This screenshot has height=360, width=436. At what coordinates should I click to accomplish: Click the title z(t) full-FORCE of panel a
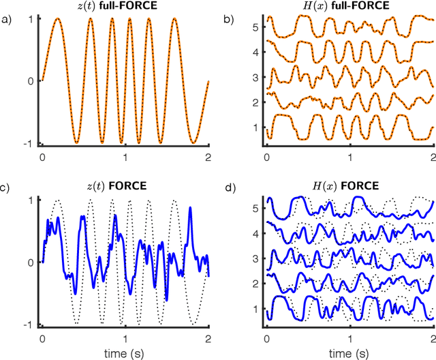(126, 7)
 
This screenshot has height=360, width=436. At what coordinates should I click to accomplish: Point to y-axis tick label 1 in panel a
(32, 20)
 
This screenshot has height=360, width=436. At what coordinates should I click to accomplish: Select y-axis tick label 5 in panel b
(255, 27)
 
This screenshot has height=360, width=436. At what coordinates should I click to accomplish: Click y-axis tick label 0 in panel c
(32, 262)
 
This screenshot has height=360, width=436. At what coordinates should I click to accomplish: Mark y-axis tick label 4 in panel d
(255, 232)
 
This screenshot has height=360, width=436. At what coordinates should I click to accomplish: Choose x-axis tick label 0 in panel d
(266, 337)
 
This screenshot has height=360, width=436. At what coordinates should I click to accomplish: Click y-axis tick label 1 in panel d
(255, 309)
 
